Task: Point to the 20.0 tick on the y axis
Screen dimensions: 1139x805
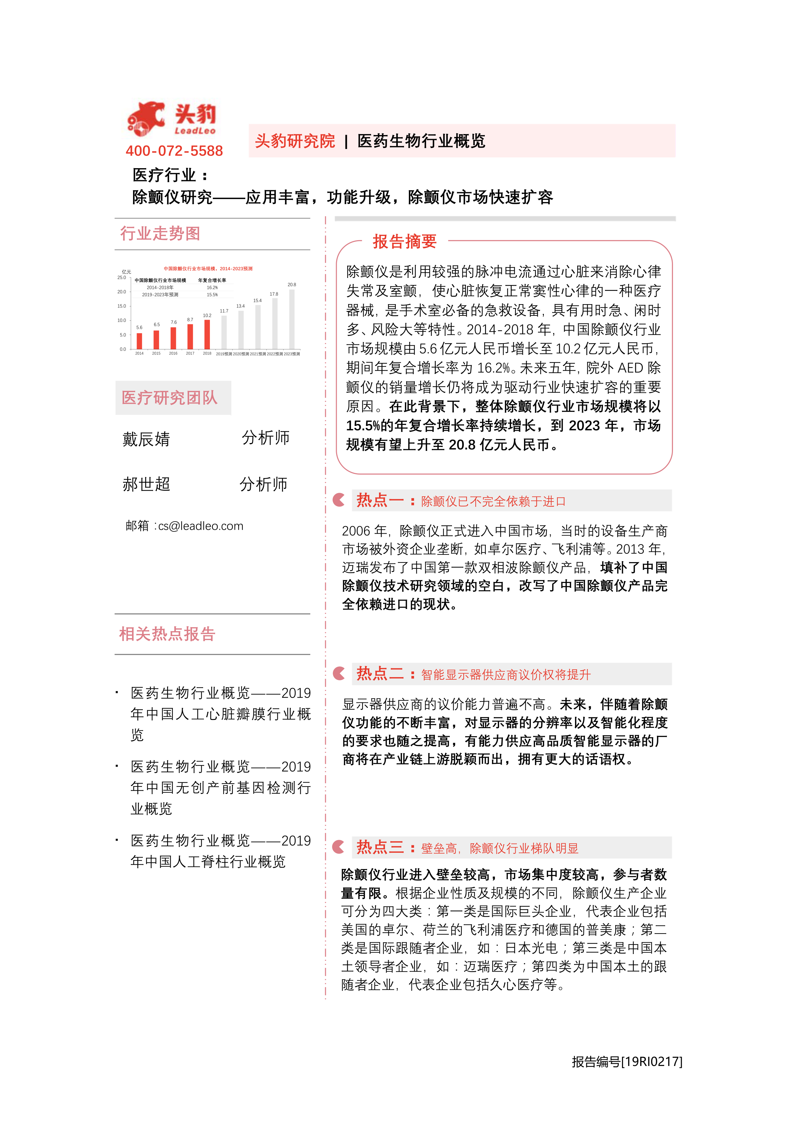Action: [122, 292]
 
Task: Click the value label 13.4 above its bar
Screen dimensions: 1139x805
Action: [240, 306]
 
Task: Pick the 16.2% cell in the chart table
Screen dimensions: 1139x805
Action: [212, 287]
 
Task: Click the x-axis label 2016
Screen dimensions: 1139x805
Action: [173, 354]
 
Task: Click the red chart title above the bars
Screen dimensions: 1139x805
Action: [208, 268]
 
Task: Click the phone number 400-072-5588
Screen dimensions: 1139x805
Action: [174, 151]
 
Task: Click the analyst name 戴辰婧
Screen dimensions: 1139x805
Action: [146, 439]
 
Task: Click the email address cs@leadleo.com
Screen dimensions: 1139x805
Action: [201, 526]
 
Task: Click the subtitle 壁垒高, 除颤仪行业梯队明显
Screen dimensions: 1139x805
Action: [499, 848]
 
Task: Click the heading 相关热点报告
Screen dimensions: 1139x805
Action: [167, 634]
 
